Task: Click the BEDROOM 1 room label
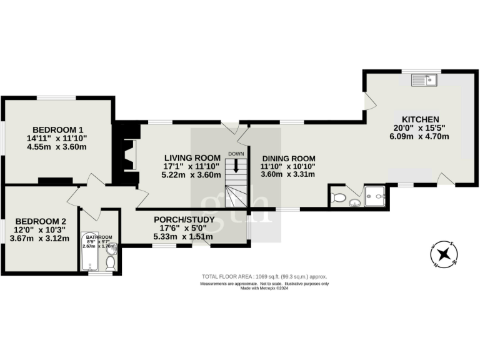(56, 129)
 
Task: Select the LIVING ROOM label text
(192, 157)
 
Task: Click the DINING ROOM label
(288, 158)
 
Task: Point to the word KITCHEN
(420, 119)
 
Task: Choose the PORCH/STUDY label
(184, 219)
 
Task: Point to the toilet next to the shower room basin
(339, 198)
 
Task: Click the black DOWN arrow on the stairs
(236, 165)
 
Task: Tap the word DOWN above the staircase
(236, 154)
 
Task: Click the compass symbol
(444, 254)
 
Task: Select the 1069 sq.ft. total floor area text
(264, 276)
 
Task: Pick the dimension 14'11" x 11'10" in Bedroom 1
(56, 138)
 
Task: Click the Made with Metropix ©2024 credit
(264, 289)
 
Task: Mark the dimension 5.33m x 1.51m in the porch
(184, 237)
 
